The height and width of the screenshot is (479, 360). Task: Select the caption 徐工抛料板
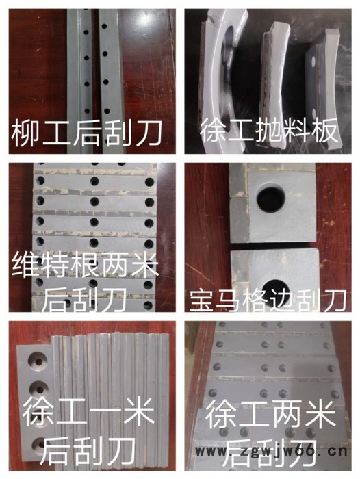coord(270,131)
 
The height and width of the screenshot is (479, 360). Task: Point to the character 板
coord(329,131)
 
